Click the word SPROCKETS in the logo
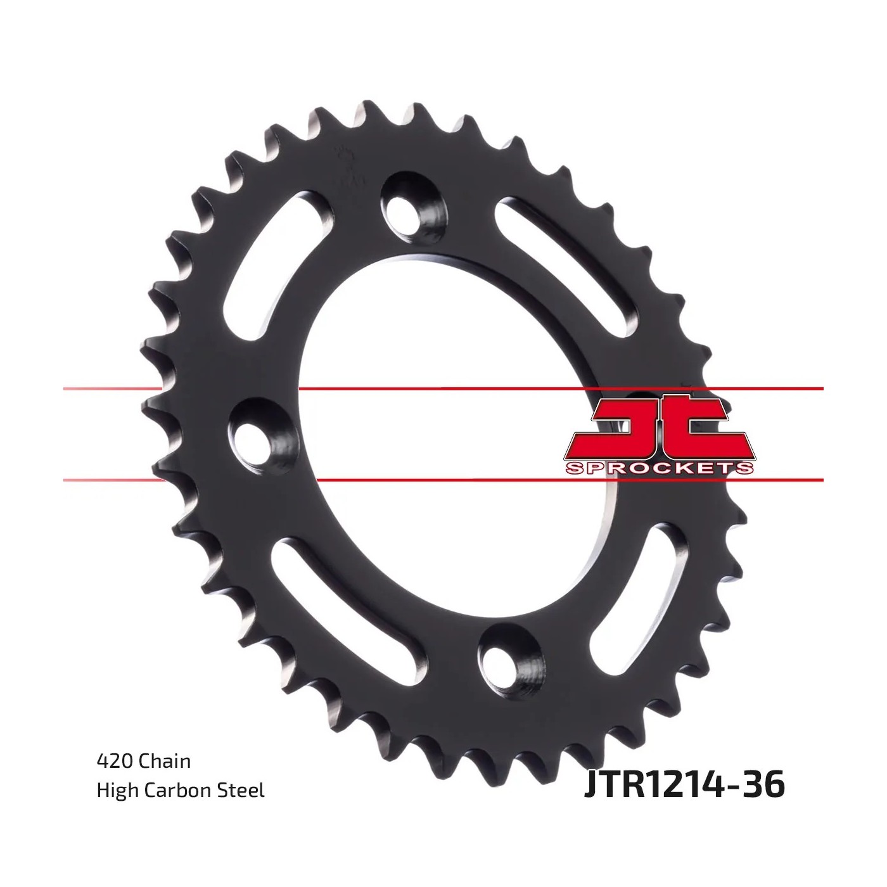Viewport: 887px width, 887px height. pyautogui.click(x=659, y=469)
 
